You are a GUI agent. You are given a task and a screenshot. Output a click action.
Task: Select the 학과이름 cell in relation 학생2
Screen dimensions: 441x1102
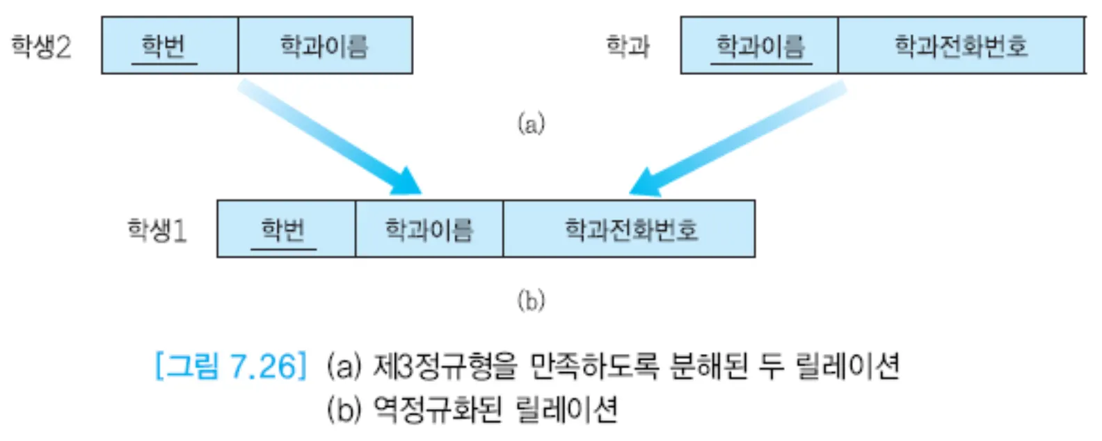point(325,46)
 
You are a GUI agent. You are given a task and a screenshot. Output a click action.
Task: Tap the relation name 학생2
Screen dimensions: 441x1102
point(41,47)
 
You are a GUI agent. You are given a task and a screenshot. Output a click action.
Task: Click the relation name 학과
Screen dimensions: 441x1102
point(628,47)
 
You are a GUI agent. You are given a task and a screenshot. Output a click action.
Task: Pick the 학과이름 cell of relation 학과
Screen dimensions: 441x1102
point(759,46)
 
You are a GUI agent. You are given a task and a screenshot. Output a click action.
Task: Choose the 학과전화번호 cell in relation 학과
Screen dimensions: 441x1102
point(961,46)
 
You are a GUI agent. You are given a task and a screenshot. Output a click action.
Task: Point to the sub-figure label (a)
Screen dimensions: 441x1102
point(531,124)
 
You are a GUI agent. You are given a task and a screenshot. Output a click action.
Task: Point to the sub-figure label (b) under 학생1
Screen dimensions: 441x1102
point(531,300)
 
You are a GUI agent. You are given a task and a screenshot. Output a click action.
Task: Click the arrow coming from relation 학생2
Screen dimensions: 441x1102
point(327,136)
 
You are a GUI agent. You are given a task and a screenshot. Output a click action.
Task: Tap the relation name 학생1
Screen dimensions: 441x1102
point(157,230)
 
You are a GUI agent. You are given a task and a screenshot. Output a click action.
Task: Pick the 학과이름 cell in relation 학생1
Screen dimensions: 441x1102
point(429,229)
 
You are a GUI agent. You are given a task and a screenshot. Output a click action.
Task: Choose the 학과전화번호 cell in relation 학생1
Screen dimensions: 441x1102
point(629,229)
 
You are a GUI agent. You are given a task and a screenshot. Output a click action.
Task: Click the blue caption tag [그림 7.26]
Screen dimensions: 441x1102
point(230,366)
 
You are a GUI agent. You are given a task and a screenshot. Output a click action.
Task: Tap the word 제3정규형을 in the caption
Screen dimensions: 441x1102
point(445,366)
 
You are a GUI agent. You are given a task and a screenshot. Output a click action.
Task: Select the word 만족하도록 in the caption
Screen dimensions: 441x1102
point(593,366)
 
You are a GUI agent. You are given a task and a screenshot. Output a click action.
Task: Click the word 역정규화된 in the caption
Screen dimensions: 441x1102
point(437,409)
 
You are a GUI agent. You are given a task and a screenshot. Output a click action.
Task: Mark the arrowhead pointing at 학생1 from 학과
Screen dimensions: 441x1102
point(644,184)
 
